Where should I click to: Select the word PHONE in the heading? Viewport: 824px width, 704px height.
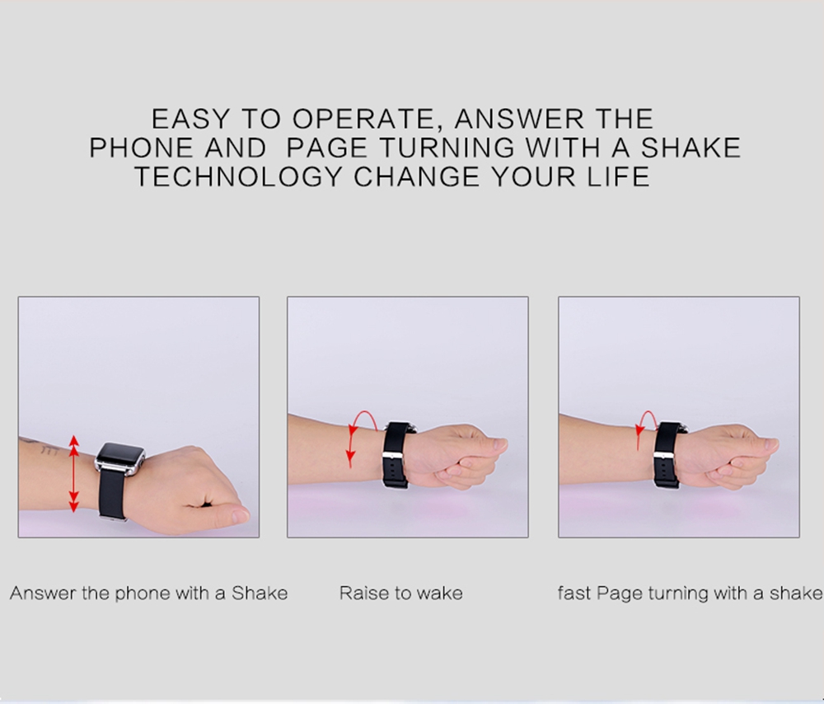coord(142,148)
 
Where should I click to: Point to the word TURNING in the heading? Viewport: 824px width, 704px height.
coord(447,148)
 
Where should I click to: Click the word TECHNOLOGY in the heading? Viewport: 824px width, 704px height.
coord(239,176)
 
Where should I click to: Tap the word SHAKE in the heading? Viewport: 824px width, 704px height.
coord(691,148)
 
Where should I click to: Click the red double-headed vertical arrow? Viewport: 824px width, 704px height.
coord(73,473)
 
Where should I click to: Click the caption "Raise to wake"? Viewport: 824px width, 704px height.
coord(401,593)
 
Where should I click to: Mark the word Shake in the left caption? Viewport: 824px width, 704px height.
coord(260,593)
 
